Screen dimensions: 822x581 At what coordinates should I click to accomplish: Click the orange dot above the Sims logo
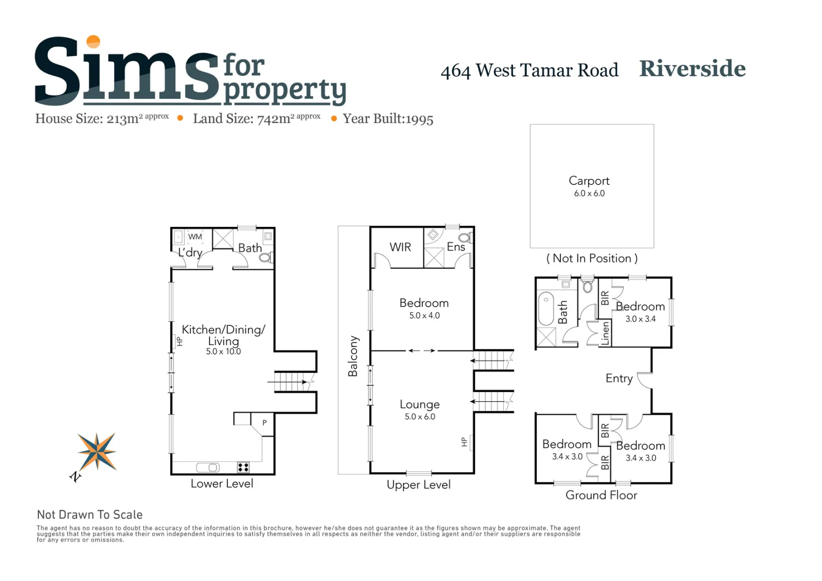[93, 41]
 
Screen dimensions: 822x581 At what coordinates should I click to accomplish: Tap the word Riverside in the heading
[692, 69]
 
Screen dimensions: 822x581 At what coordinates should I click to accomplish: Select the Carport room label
[589, 180]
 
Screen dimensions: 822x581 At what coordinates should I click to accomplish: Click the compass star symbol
[97, 452]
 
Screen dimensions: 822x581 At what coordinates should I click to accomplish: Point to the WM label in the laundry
[195, 237]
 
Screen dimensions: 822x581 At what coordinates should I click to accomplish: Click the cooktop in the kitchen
[244, 467]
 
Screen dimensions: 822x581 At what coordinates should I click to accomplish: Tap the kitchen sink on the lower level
[208, 468]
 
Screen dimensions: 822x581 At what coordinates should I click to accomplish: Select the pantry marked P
[264, 423]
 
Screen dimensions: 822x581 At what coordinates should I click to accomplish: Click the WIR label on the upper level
[400, 247]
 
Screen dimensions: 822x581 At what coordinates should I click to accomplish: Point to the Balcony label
[353, 356]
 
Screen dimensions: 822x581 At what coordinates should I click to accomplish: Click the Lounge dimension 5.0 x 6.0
[420, 417]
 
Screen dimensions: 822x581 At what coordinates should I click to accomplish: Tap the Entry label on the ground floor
[619, 378]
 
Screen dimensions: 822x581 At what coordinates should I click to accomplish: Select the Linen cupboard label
[605, 333]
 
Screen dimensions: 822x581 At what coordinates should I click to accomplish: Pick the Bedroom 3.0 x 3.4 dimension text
[640, 319]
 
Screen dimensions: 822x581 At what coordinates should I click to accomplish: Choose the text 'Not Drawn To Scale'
[89, 515]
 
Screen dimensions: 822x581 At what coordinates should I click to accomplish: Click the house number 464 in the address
[455, 71]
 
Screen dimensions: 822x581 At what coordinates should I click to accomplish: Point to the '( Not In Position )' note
[592, 258]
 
